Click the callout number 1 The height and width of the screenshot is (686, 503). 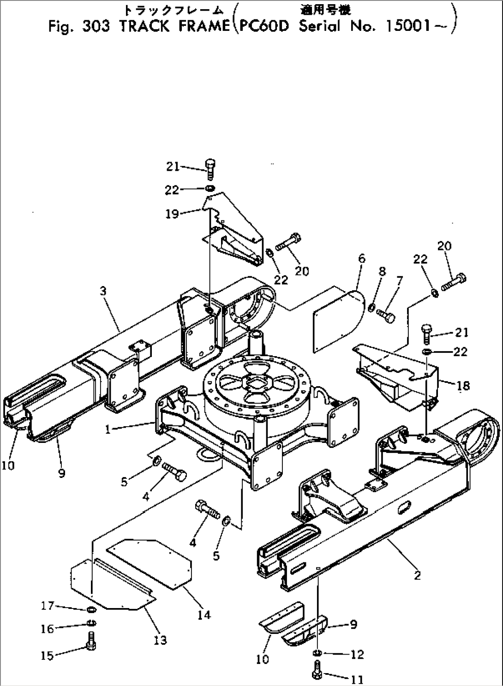pos(108,429)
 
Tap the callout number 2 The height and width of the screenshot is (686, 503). pos(417,575)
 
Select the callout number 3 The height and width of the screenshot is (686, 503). pos(103,291)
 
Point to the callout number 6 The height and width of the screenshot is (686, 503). pos(361,259)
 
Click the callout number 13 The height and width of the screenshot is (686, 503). pos(161,640)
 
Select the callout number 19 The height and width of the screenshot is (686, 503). pos(172,215)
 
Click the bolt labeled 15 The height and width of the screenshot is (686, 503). pos(91,648)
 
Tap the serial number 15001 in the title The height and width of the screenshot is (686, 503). pos(407,26)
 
